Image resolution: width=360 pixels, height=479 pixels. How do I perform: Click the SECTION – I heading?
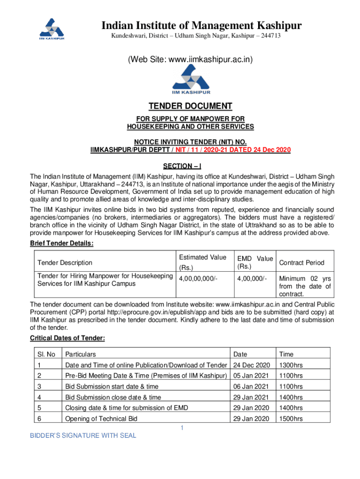(x=182, y=166)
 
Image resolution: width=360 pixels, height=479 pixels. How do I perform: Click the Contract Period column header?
(x=302, y=263)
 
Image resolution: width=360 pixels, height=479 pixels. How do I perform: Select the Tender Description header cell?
(x=65, y=263)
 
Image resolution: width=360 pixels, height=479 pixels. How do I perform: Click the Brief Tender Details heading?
(x=62, y=243)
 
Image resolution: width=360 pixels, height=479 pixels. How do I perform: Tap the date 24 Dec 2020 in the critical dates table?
(x=252, y=365)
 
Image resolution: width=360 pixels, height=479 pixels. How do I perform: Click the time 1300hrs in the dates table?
(x=291, y=365)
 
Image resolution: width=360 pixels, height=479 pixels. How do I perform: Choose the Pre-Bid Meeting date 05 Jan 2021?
(x=252, y=376)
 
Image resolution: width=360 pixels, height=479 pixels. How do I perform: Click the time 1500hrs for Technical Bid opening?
(x=291, y=419)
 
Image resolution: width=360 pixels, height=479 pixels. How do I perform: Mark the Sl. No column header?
(x=46, y=354)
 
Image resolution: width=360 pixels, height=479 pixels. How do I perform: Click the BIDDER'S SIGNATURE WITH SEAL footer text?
(x=83, y=435)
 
